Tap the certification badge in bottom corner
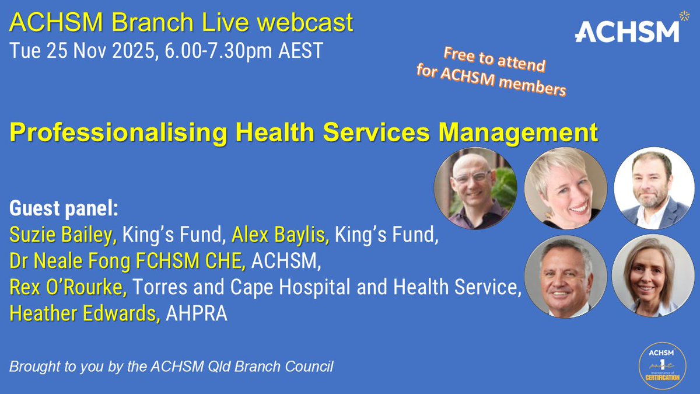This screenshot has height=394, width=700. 660,366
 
